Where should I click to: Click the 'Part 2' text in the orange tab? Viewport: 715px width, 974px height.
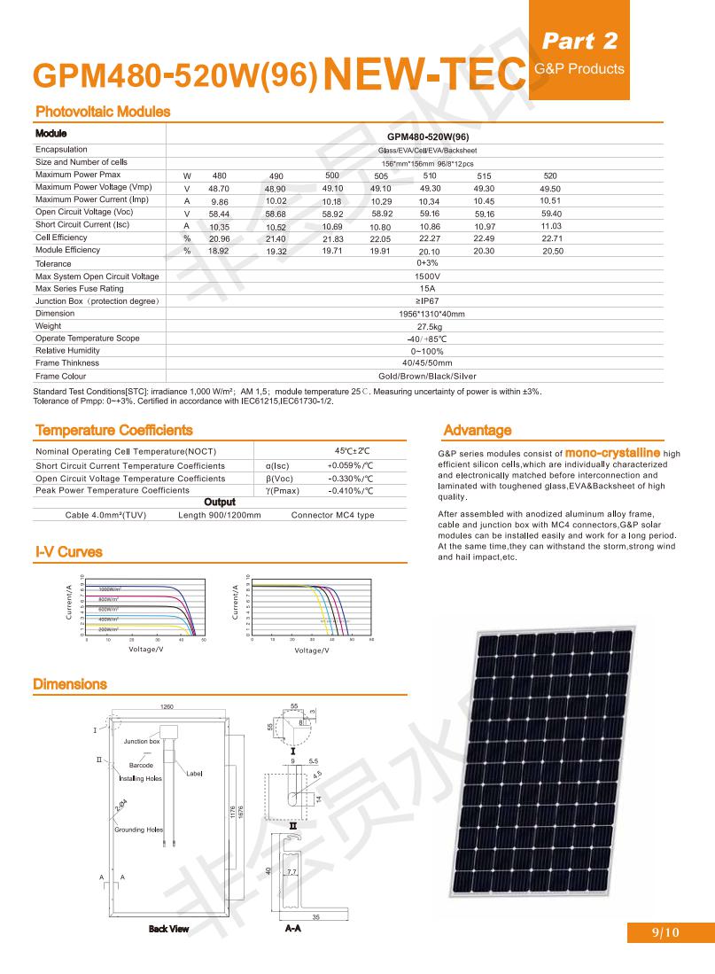coord(579,40)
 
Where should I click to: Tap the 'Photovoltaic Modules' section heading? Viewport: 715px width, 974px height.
coord(102,112)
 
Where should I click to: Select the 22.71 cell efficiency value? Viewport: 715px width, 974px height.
coord(552,238)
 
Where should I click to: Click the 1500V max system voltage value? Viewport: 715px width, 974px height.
coord(428,277)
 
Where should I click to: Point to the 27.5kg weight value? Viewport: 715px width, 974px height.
coord(429,326)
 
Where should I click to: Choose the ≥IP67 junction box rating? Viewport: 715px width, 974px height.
coord(428,301)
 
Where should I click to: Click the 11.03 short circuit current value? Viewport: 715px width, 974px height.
coord(551,226)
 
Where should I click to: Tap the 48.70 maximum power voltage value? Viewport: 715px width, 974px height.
coord(219,189)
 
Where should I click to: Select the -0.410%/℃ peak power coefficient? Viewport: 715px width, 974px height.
coord(350,491)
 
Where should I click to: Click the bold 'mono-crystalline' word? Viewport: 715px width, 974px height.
coord(612,452)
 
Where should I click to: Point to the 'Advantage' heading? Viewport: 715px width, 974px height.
coord(477,431)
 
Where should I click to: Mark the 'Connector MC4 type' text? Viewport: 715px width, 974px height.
coord(332,515)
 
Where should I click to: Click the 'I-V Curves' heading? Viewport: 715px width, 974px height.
coord(68,552)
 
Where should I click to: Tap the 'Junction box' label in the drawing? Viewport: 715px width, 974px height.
coord(142,741)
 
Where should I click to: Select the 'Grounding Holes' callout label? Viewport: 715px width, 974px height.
coord(138,830)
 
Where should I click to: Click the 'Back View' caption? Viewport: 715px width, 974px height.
coord(168,929)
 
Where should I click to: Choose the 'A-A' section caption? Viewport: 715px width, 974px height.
coord(292,929)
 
